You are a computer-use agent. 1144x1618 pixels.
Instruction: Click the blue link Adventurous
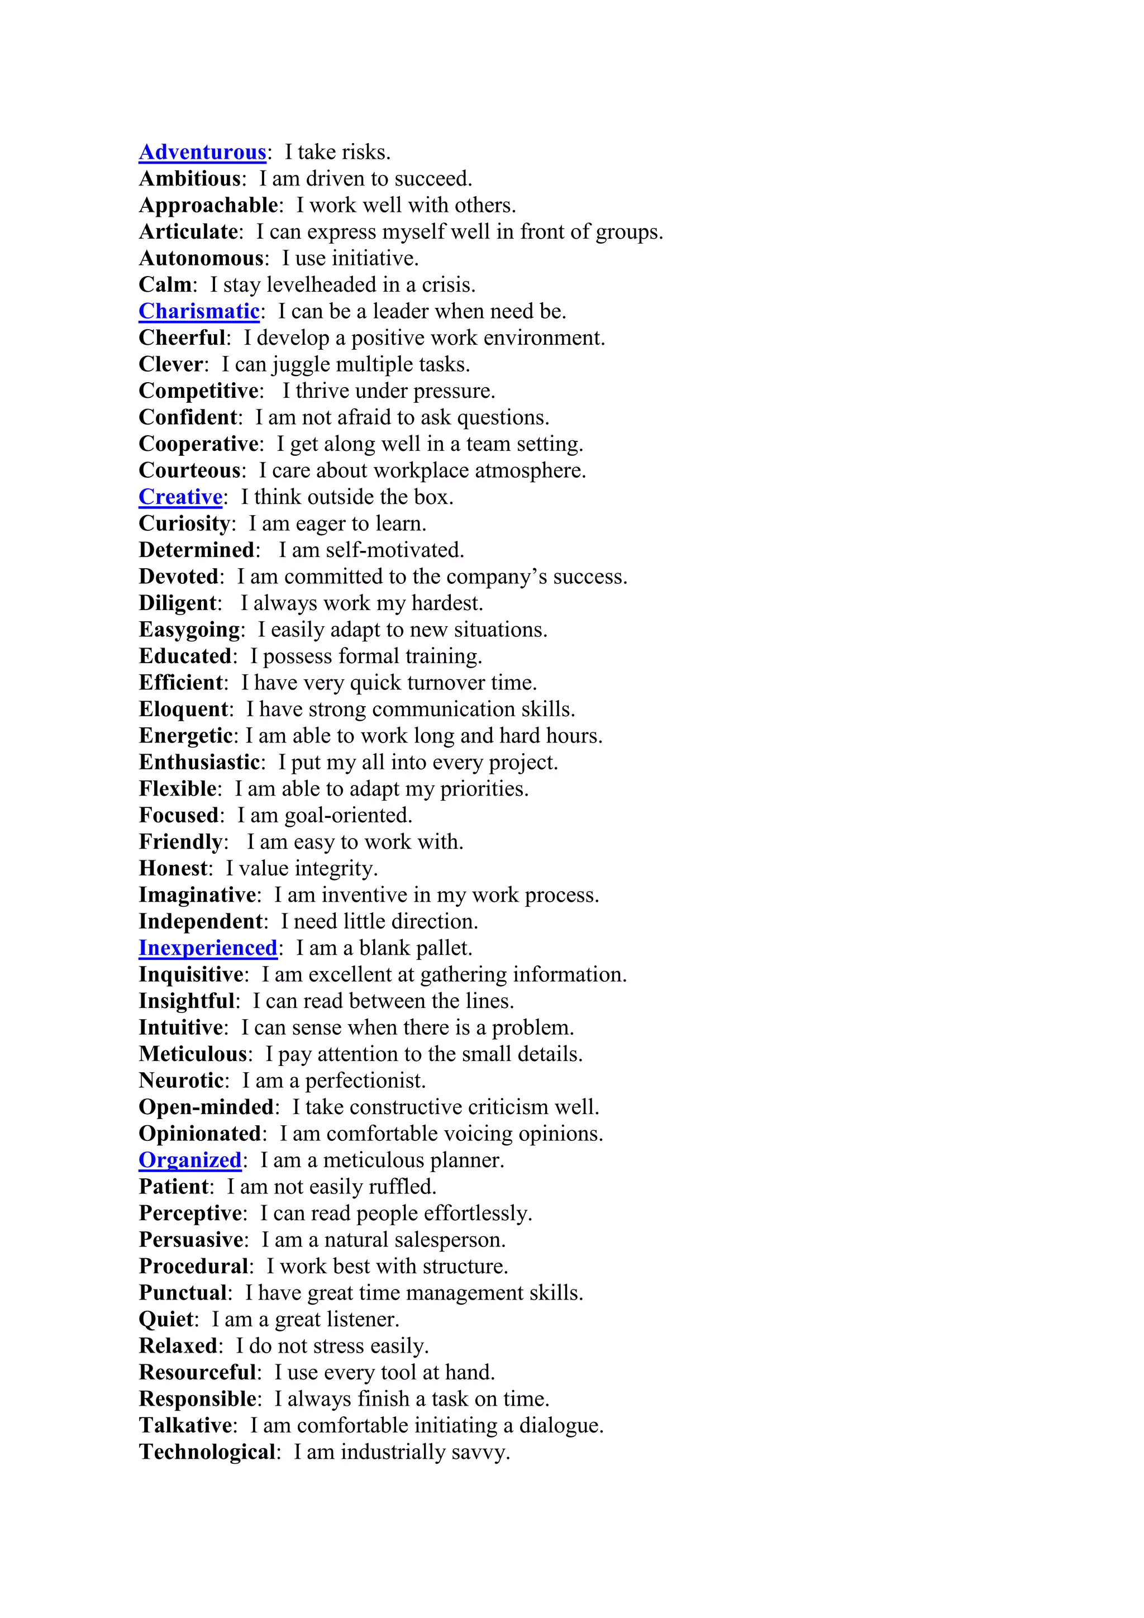202,152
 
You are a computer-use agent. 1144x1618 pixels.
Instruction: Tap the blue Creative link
180,497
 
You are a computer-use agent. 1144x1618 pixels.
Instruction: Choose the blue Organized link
190,1160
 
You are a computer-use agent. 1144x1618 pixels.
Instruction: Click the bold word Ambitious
190,179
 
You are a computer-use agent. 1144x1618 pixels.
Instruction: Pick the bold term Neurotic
181,1081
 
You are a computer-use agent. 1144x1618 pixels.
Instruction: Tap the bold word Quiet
166,1319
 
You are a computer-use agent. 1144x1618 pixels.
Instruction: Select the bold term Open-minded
206,1107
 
